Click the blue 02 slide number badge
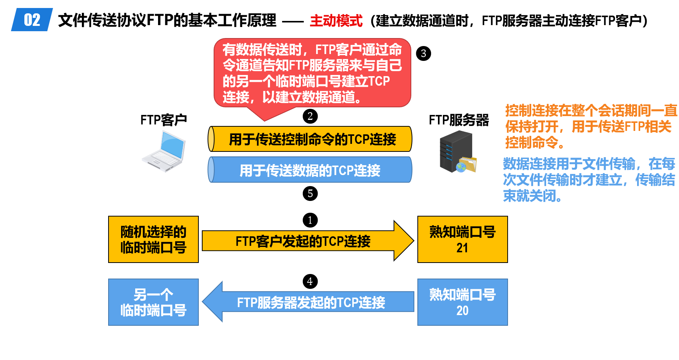click(x=32, y=19)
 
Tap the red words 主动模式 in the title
click(x=336, y=21)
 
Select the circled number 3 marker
click(x=423, y=54)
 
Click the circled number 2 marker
click(x=310, y=116)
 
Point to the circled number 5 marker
click(x=310, y=193)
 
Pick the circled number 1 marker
click(x=310, y=220)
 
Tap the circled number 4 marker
click(x=310, y=281)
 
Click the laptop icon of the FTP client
click(x=164, y=151)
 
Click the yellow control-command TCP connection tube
click(x=310, y=139)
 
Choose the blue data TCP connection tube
click(x=310, y=170)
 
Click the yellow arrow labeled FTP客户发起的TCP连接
click(x=308, y=241)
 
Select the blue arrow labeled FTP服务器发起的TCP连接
click(x=308, y=302)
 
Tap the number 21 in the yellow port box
click(x=462, y=248)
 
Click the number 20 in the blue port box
click(x=462, y=311)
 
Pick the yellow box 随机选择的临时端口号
click(x=153, y=239)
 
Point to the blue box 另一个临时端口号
click(x=153, y=302)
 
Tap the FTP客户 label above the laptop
click(x=164, y=120)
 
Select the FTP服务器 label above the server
click(x=459, y=120)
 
